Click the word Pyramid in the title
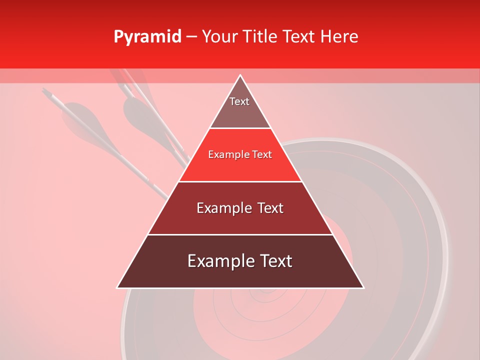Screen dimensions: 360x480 (147, 37)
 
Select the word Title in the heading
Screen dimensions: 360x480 (261, 36)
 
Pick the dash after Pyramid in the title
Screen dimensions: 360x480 (191, 37)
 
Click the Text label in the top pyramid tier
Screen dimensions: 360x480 (239, 101)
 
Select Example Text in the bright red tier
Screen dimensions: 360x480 (240, 154)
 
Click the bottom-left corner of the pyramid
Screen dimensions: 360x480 (117, 288)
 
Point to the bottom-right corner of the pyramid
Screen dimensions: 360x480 (363, 288)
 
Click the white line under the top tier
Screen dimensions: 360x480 (240, 128)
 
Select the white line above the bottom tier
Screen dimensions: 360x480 (240, 234)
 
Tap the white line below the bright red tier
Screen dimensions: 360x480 (240, 181)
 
